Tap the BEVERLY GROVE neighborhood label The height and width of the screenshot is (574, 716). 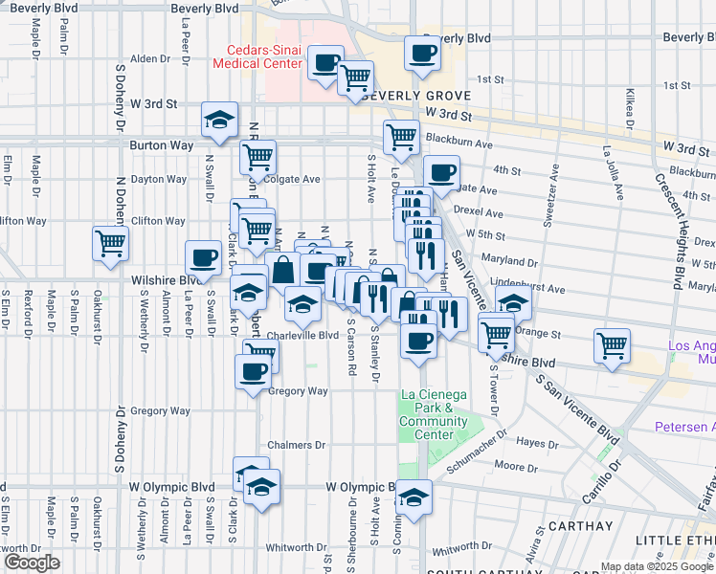[x=415, y=97]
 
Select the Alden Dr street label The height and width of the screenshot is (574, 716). [x=149, y=58]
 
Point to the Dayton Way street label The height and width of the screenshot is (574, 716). [x=158, y=179]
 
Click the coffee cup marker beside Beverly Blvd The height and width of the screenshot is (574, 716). [x=421, y=53]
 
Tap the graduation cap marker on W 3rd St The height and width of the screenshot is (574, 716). [x=220, y=120]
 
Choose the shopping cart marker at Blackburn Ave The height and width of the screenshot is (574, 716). [x=401, y=136]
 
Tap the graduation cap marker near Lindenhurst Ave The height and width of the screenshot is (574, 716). [x=514, y=302]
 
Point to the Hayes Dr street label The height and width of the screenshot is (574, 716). [x=538, y=444]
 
